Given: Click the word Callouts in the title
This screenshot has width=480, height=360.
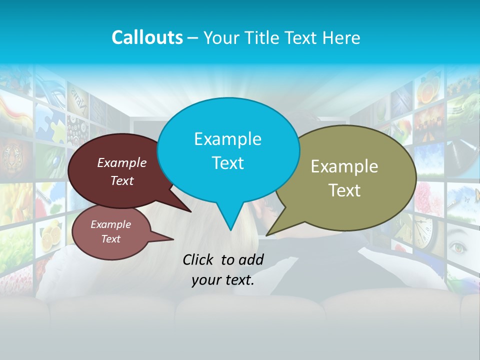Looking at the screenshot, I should coord(147,37).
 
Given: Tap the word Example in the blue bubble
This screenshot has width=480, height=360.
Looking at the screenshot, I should coord(227,139).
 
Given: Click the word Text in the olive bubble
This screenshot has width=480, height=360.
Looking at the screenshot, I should coord(344,190).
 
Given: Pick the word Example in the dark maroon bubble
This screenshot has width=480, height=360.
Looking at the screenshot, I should coord(121,163).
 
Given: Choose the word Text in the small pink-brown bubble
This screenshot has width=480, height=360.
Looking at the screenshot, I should coord(111,239).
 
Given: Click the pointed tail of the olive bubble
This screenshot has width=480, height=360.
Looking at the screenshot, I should coord(267,234).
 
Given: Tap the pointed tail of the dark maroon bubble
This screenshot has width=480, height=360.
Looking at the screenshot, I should coord(190,211).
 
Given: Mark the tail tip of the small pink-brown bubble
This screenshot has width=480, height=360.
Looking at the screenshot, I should coord(172,239).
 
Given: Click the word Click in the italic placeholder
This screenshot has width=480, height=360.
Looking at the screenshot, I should coord(199,259).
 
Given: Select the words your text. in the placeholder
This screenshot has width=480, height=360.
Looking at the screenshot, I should coord(222,280).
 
